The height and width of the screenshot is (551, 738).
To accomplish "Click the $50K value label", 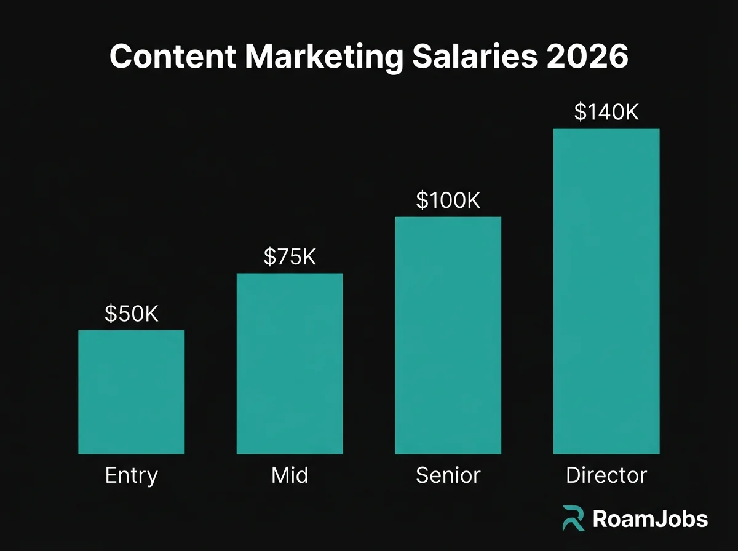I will pyautogui.click(x=131, y=314).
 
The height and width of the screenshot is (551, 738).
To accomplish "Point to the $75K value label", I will pyautogui.click(x=290, y=257).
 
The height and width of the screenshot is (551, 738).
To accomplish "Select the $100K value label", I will pyautogui.click(x=448, y=200).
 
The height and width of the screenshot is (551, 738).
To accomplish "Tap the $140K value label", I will pyautogui.click(x=606, y=112).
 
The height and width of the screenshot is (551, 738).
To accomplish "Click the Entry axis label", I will pyautogui.click(x=131, y=475).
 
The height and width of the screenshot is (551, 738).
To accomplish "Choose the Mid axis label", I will pyautogui.click(x=290, y=475).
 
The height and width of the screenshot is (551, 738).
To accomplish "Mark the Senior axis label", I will pyautogui.click(x=448, y=475).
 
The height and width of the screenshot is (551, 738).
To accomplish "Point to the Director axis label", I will pyautogui.click(x=606, y=475).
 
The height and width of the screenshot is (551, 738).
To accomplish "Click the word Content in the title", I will pyautogui.click(x=173, y=57).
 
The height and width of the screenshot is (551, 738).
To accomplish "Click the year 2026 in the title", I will pyautogui.click(x=592, y=57).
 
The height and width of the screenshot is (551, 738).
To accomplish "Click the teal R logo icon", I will pyautogui.click(x=573, y=518).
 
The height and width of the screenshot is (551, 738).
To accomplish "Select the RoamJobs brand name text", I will pyautogui.click(x=650, y=519).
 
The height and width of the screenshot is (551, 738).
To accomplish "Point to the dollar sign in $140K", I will pyautogui.click(x=580, y=112).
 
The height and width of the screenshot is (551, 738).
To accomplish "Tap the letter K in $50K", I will pyautogui.click(x=151, y=314).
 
